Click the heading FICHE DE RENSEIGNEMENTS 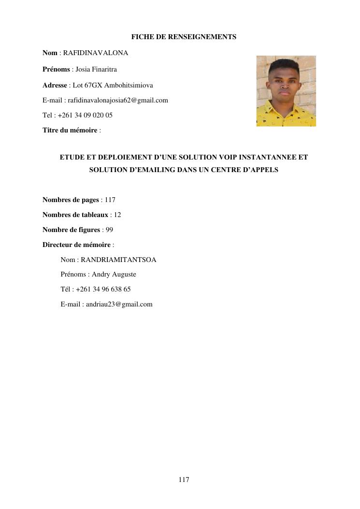pos(184,37)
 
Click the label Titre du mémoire pos(70,131)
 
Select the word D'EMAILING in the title pos(151,170)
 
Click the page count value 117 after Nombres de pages pos(110,200)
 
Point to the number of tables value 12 pos(117,215)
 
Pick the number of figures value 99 pos(109,230)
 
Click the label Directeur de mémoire pos(76,245)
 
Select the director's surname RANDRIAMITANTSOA pos(118,260)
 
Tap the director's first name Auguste pos(124,275)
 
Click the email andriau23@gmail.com pos(119,305)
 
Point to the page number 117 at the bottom pos(184,480)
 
